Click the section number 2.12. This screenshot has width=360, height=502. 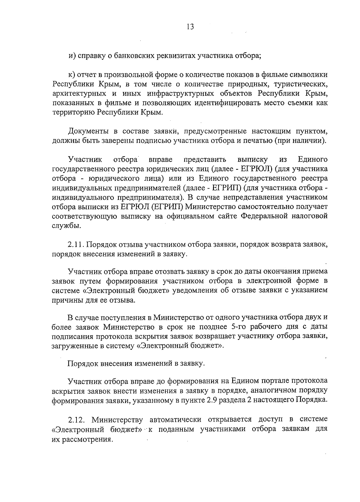click(x=77, y=419)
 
